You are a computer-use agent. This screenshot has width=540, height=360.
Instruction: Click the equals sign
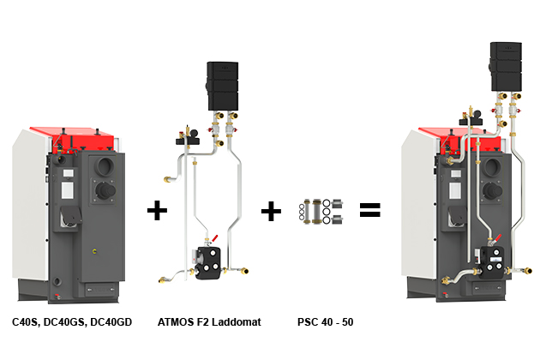coord(369,210)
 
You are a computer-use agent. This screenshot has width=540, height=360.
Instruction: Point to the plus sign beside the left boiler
coord(157,210)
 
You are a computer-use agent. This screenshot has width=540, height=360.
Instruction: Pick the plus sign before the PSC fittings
coord(270,210)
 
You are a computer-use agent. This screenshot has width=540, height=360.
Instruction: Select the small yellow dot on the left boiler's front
coord(93,253)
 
